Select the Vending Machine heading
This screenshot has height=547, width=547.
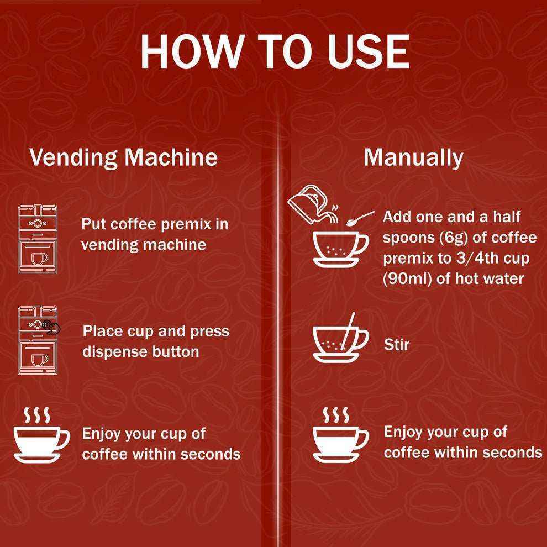tap(124, 157)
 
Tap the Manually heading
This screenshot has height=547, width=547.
tap(413, 158)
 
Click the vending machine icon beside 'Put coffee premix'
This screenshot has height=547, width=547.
tap(38, 239)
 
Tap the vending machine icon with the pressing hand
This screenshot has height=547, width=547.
tap(38, 340)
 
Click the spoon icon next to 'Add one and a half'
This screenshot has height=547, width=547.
tap(360, 218)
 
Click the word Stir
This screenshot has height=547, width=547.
tap(397, 345)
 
